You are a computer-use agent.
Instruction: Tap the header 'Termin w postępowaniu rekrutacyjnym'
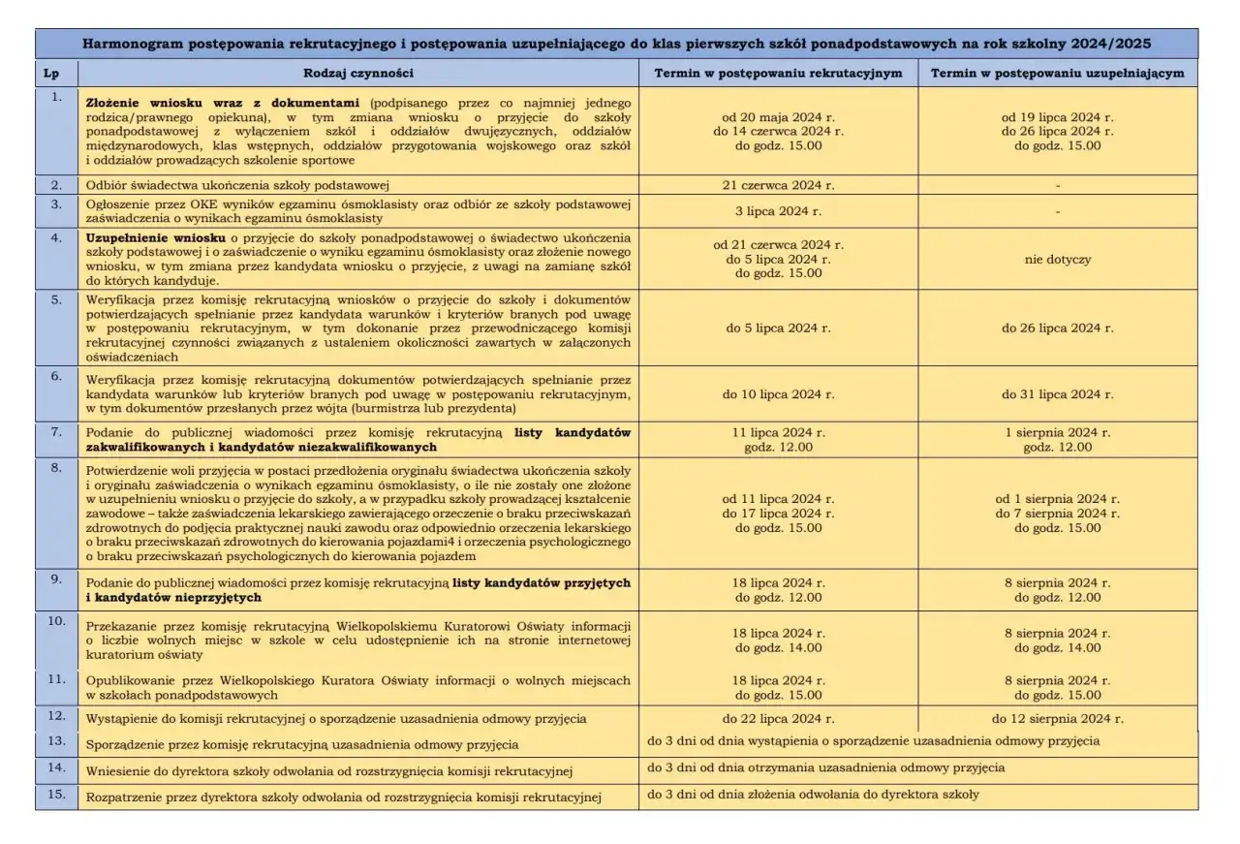pyautogui.click(x=778, y=74)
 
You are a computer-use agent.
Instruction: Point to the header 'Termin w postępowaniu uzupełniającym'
pyautogui.click(x=1057, y=74)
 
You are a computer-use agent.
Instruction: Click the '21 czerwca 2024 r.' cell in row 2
pyautogui.click(x=778, y=184)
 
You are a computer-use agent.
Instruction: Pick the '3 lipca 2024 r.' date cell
pyautogui.click(x=778, y=209)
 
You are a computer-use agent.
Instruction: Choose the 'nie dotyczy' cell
pyautogui.click(x=1057, y=260)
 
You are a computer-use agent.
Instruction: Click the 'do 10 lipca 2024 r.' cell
pyautogui.click(x=778, y=394)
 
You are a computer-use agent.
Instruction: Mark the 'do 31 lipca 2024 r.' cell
pyautogui.click(x=1057, y=394)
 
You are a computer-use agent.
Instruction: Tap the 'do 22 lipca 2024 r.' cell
pyautogui.click(x=778, y=719)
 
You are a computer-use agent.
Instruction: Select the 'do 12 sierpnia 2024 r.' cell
pyautogui.click(x=1057, y=719)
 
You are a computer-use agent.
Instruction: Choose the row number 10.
pyautogui.click(x=56, y=618)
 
